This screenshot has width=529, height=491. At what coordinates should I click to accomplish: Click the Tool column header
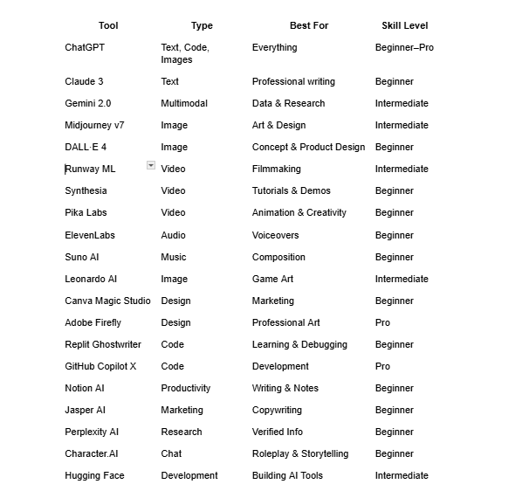tap(108, 25)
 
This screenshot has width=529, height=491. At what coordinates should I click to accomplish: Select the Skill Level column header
tap(404, 25)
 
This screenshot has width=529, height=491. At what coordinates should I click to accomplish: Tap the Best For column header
tap(309, 25)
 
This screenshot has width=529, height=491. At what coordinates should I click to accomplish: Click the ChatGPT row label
tap(85, 47)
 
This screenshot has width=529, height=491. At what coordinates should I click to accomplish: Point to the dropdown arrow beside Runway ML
tap(151, 165)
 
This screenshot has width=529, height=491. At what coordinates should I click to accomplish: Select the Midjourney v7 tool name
tap(94, 125)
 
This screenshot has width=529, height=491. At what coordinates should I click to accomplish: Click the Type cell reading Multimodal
tap(184, 103)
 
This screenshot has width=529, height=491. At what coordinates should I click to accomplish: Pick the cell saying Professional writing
tap(293, 81)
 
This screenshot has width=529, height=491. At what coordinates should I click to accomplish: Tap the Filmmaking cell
tap(276, 169)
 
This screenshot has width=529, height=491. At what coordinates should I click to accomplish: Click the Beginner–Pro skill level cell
tap(404, 47)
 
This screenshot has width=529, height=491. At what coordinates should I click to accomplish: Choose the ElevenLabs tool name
tap(90, 235)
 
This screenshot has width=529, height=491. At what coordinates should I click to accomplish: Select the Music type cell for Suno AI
tap(174, 257)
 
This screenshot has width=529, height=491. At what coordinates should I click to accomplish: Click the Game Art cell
tap(272, 279)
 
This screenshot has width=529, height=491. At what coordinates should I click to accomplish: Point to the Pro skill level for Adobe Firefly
tap(382, 322)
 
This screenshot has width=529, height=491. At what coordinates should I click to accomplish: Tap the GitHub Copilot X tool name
tap(100, 366)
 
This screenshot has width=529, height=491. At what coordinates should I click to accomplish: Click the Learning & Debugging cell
tap(299, 344)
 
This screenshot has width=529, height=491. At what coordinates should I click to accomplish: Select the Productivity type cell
tap(186, 388)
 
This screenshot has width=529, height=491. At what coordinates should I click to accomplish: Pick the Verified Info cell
tap(278, 432)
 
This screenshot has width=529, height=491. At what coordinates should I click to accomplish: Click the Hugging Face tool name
tap(94, 475)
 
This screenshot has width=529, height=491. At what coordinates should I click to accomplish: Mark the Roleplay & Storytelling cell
tap(300, 453)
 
